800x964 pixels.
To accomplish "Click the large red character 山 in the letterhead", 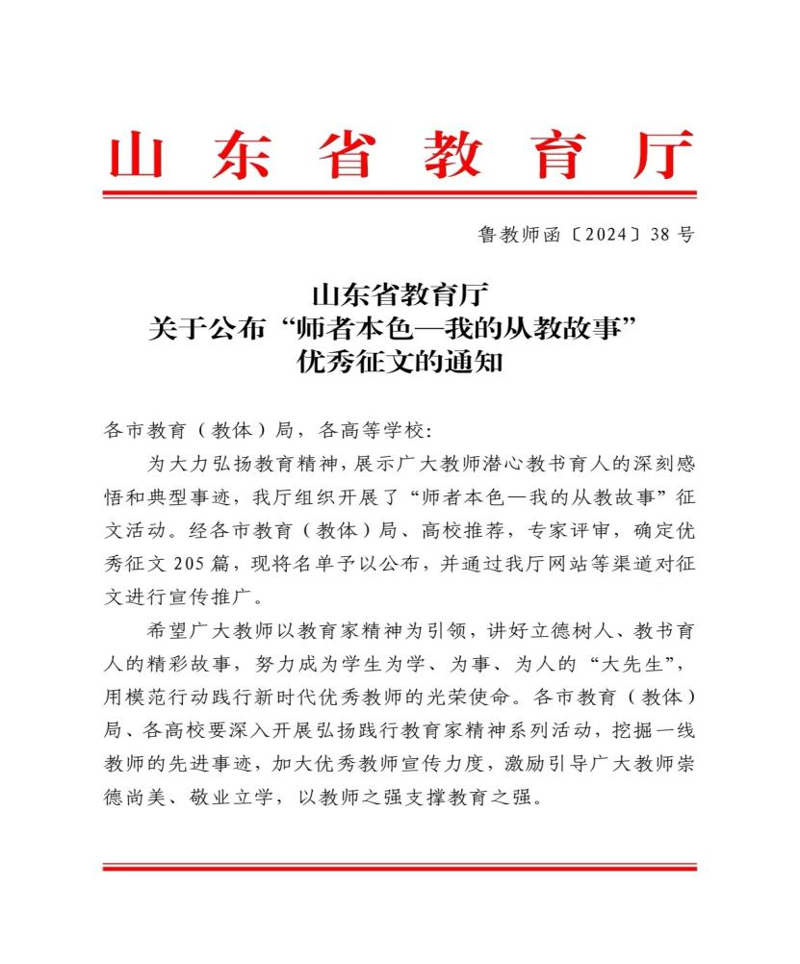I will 135,155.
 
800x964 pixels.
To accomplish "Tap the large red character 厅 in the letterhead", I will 663,155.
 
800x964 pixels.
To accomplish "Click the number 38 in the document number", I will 660,234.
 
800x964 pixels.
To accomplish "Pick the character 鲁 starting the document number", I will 486,234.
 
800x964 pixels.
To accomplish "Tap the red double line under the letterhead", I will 400,194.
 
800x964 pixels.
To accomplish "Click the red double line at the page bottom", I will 400,868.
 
